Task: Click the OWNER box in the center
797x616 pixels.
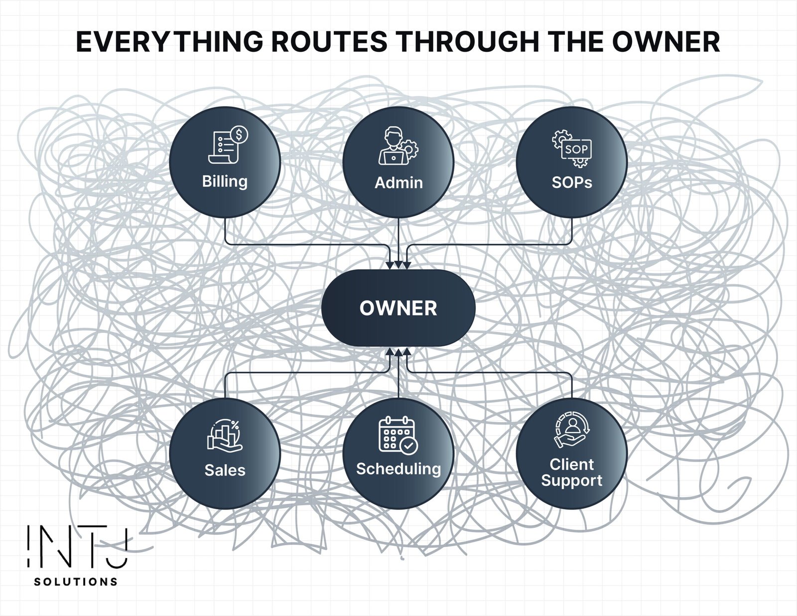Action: [x=398, y=308]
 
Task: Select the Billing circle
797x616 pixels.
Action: [x=225, y=162]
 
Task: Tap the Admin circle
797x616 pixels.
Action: [x=398, y=162]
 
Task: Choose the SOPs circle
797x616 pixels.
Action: [x=571, y=162]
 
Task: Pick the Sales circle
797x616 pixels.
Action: [x=225, y=453]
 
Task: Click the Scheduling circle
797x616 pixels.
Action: [x=398, y=453]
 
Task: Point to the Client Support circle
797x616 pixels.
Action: [x=571, y=453]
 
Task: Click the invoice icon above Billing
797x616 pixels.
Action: [x=227, y=145]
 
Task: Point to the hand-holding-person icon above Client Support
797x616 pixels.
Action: [x=571, y=429]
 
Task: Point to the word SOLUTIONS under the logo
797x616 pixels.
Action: [x=76, y=582]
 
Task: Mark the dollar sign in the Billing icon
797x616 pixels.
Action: [x=240, y=135]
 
